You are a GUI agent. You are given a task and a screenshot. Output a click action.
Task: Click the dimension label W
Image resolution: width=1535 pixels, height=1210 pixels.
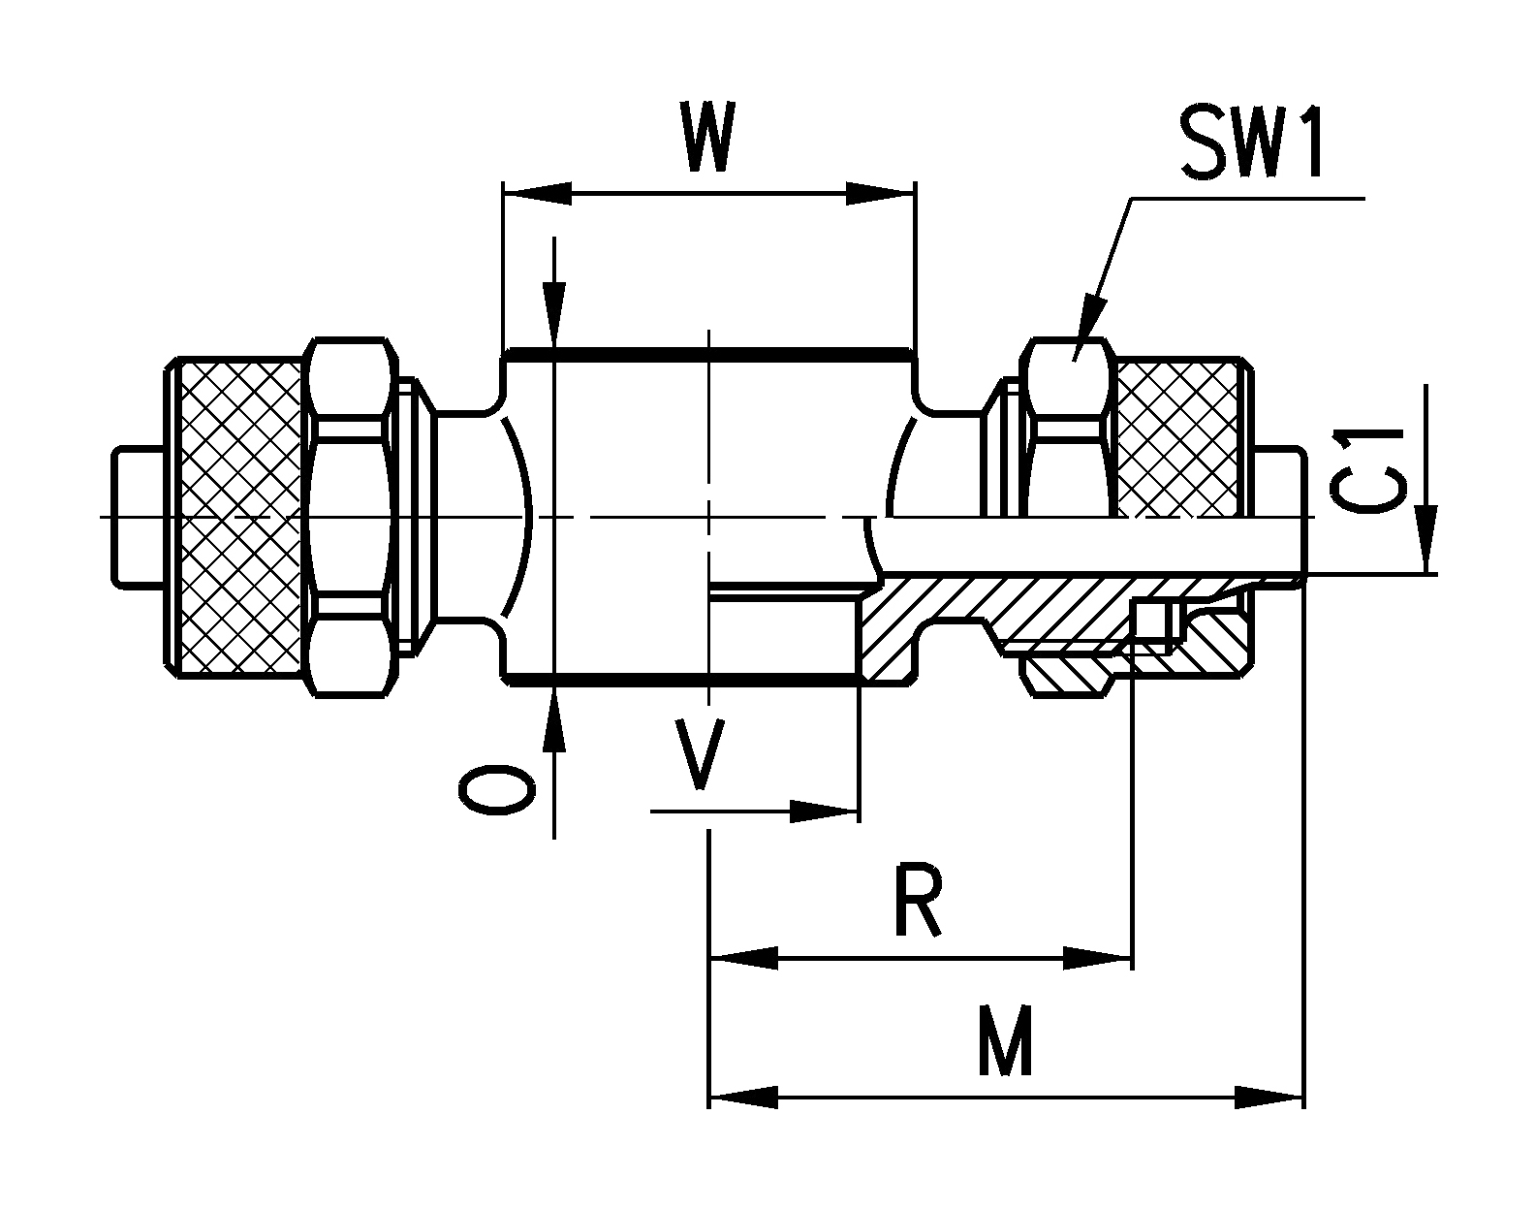[709, 136]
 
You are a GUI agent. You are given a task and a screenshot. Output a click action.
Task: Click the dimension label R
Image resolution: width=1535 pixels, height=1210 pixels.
[918, 900]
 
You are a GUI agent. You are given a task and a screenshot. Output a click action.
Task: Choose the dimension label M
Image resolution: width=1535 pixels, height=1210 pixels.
[1005, 1042]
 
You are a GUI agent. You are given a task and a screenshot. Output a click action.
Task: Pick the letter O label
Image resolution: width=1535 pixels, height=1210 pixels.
[497, 790]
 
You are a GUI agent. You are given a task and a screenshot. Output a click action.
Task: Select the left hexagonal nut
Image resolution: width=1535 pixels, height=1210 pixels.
[351, 517]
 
